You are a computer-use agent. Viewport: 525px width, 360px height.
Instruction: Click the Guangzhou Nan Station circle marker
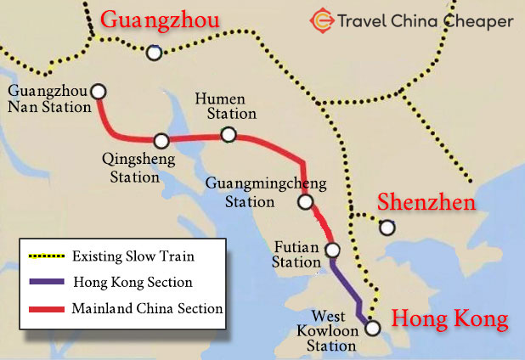tap(99, 91)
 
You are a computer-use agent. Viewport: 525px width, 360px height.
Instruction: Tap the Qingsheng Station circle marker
tap(161, 140)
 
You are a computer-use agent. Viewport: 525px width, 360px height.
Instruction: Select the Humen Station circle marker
tap(228, 134)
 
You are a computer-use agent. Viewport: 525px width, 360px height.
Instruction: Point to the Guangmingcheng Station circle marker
tap(305, 201)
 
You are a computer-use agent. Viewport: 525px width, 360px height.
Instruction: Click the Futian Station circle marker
tap(333, 250)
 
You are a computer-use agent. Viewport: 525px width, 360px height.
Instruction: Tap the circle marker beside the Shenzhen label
tap(387, 227)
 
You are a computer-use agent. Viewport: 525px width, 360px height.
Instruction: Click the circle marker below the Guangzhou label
tap(154, 53)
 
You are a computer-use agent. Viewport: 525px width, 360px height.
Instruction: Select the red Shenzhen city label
tap(426, 201)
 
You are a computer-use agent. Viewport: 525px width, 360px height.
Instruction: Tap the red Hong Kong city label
tap(449, 319)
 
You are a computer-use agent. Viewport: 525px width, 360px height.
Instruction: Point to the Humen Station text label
tap(225, 105)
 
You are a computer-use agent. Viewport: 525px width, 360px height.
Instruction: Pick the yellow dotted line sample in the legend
tap(46, 256)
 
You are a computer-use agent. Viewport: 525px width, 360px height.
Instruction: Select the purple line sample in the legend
tap(46, 282)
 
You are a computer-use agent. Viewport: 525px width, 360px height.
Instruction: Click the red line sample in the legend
tap(46, 308)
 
